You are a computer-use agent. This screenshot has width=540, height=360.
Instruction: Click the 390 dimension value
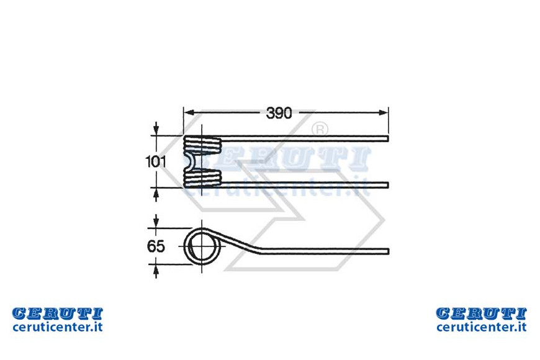point(279,113)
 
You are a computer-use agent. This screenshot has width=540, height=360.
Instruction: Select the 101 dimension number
point(156,161)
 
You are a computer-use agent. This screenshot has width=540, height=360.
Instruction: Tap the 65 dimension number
point(156,246)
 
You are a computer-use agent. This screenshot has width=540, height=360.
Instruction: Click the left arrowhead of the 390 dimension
point(189,112)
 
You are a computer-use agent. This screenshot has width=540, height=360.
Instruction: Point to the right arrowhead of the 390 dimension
point(384,112)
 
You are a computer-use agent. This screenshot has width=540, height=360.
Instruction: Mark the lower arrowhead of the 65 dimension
point(156,271)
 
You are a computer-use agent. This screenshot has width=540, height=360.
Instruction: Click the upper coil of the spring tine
point(202,145)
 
